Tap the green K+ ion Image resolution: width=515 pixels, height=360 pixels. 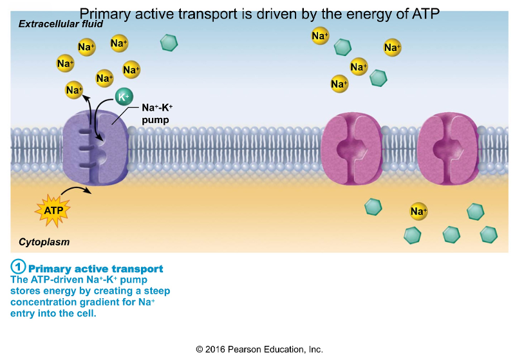pos(123,97)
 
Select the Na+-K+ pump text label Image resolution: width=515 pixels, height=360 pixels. pos(156,114)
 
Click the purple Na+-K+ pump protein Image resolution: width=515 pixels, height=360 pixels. pos(97,149)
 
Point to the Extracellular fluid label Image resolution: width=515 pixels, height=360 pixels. pos(61,24)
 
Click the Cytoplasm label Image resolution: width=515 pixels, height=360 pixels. pos(44,242)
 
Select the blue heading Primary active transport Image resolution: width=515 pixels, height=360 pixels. pos(96,269)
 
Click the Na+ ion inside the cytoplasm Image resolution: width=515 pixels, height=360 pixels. pos(418,211)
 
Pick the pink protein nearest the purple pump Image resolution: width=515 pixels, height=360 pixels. pos(348,149)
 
